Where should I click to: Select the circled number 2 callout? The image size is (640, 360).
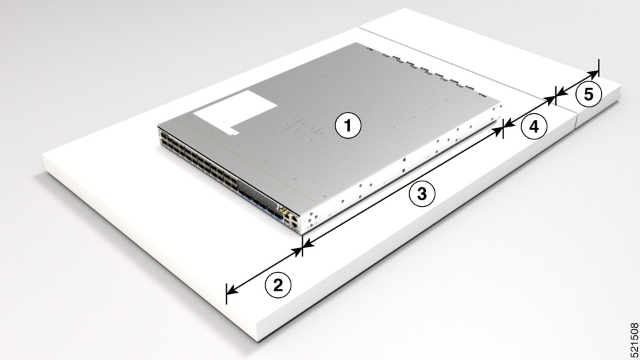[279, 285]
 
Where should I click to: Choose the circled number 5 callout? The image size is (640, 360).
[588, 95]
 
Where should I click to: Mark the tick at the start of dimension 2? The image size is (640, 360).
[227, 292]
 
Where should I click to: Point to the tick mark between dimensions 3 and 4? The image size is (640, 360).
[503, 131]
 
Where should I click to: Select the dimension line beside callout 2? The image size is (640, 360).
[264, 270]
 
